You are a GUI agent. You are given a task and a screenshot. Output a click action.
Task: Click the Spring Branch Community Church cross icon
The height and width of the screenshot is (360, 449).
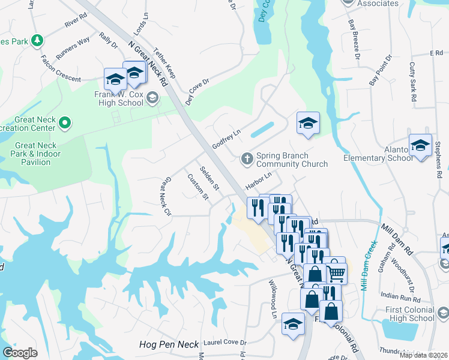(246, 159)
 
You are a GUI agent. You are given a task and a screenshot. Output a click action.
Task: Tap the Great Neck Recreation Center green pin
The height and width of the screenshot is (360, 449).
(65, 124)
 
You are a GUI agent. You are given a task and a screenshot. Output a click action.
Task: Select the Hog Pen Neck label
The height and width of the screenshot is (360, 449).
(168, 344)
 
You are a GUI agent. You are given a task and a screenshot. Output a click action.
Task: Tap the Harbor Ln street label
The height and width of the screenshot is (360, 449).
(258, 179)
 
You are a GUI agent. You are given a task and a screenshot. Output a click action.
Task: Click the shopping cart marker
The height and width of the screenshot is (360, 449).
(337, 273)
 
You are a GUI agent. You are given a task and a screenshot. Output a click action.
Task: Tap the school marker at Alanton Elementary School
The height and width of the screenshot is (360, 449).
(420, 145)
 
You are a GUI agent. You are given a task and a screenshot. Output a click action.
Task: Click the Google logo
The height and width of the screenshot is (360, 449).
(20, 353)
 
